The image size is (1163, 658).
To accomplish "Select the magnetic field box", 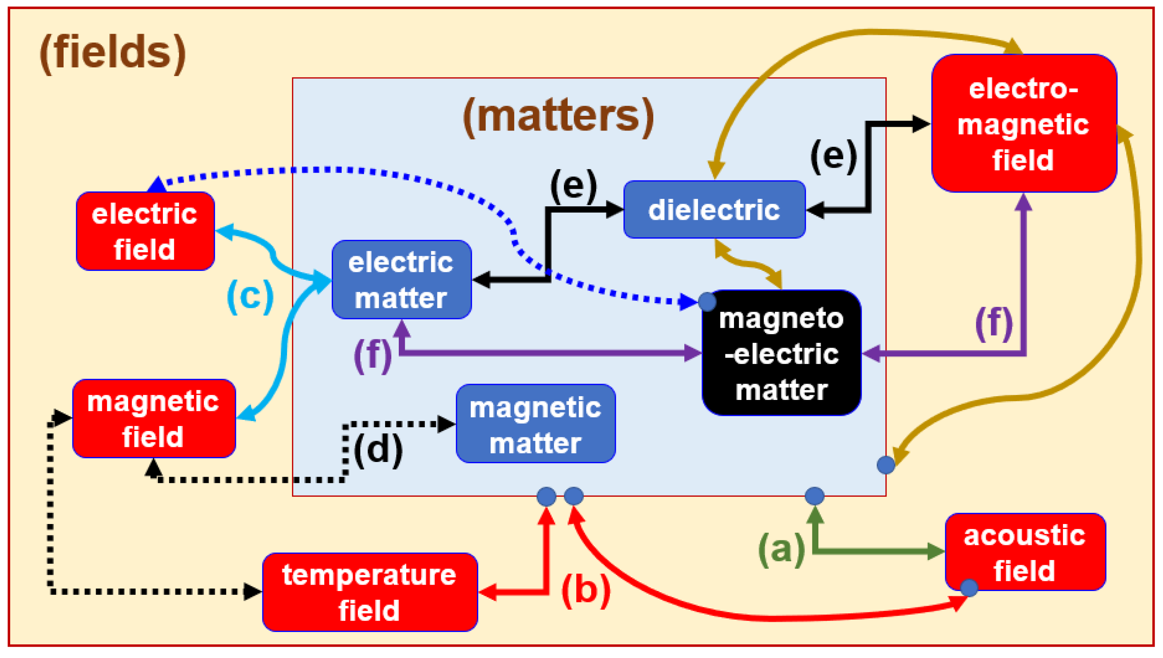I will (x=154, y=418).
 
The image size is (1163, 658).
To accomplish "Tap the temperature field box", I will (x=370, y=592).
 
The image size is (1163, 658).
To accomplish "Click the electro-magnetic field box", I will (x=1024, y=123).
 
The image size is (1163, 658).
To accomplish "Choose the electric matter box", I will (x=401, y=280).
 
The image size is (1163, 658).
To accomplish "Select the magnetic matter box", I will (x=535, y=424).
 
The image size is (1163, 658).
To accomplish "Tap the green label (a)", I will (x=781, y=549).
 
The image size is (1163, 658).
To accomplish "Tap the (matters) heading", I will (x=559, y=116).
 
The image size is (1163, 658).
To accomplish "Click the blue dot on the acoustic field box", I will (x=969, y=588).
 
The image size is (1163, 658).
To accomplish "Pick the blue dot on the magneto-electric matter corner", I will (x=707, y=302).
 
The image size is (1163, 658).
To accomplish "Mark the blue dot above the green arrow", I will (x=814, y=496).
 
